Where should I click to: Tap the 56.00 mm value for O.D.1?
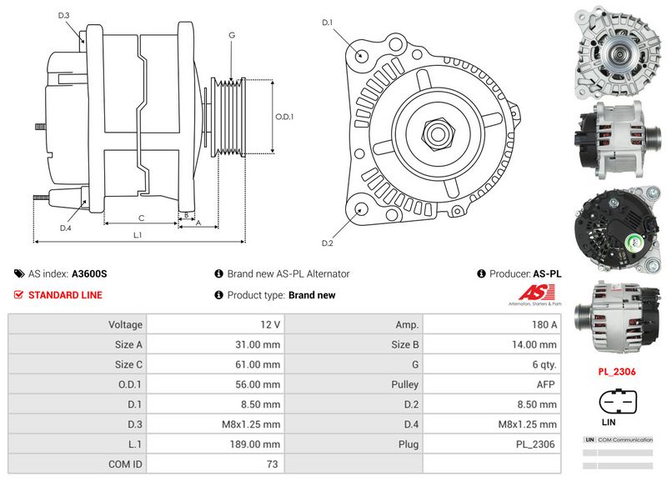coord(259,384)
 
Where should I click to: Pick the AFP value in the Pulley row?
coord(546,384)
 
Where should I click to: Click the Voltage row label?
coord(125,324)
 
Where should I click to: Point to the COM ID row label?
coord(125,464)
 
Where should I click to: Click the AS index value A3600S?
coord(89,273)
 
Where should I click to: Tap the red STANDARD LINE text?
coord(65,295)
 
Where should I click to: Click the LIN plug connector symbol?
coord(617,402)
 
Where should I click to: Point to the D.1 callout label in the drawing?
coord(328,23)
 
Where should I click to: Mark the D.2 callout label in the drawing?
coord(328,243)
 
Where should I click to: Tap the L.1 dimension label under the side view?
coord(138,235)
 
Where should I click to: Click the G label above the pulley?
coord(231,35)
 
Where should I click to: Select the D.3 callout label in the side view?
coord(64,16)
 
